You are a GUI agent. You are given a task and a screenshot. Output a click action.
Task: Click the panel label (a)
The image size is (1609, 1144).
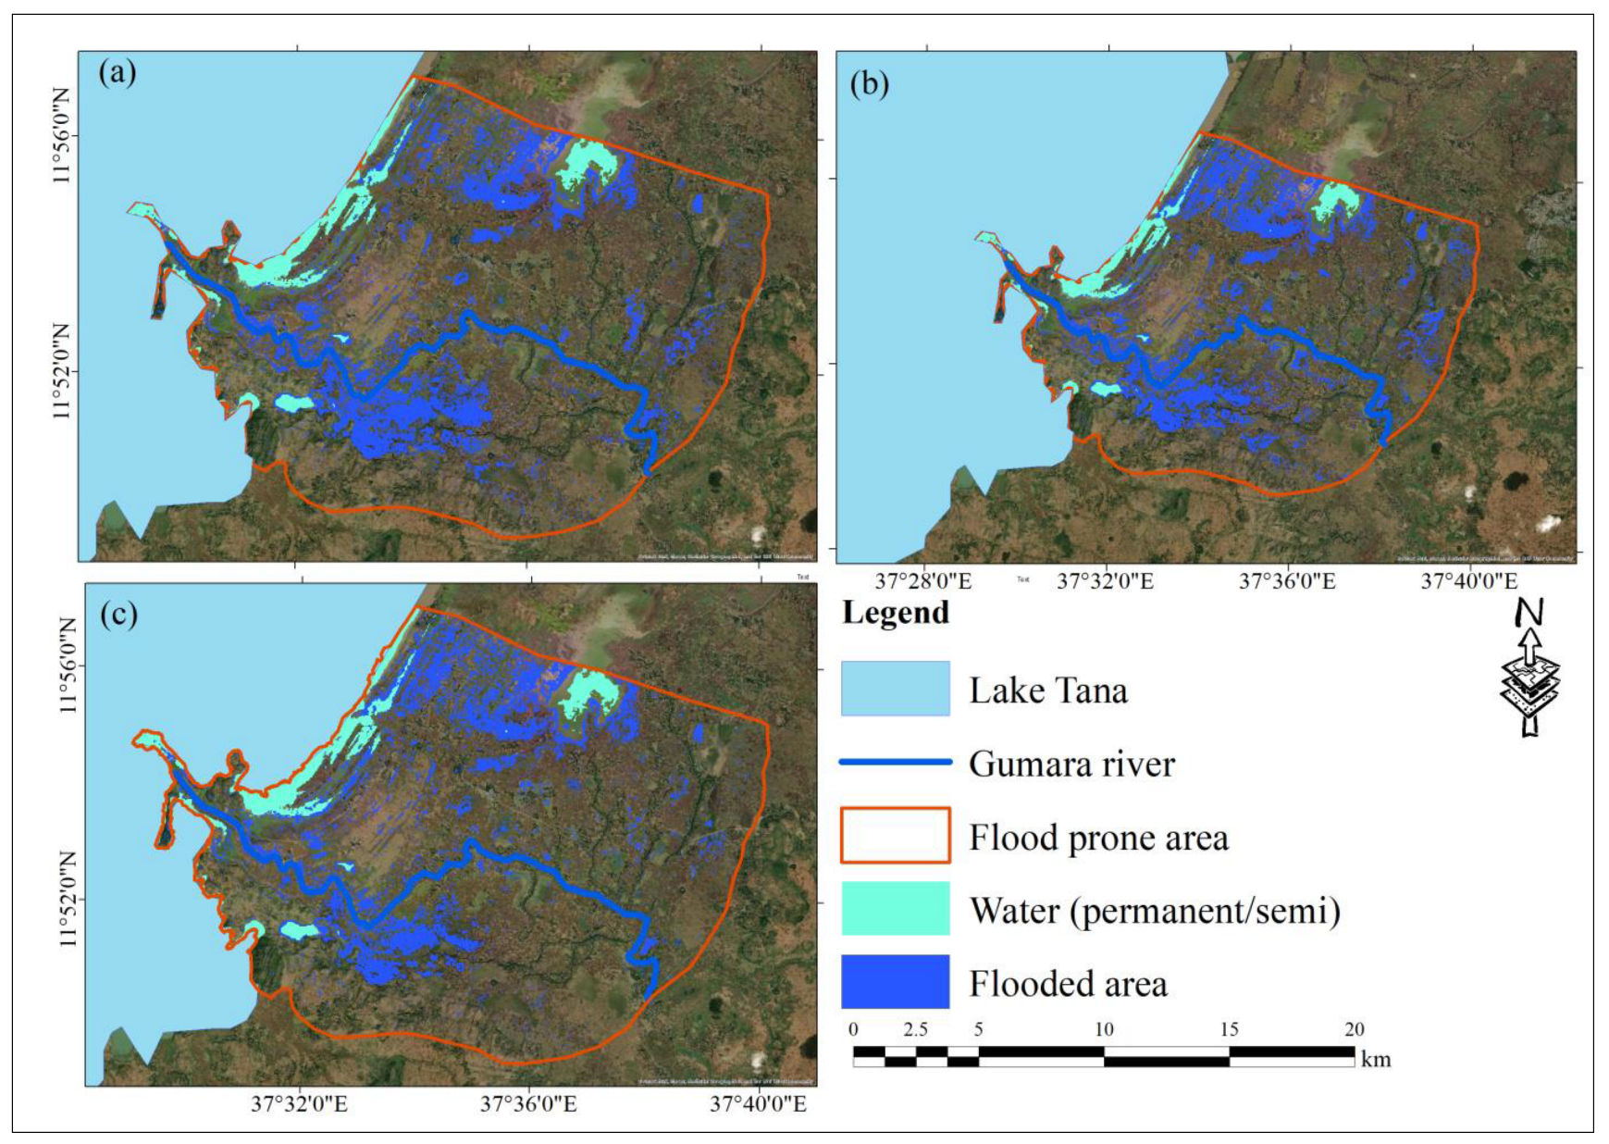118,71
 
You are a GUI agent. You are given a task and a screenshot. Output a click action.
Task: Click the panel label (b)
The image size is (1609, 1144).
868,84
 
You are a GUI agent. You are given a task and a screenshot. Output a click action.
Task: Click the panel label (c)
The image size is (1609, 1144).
118,614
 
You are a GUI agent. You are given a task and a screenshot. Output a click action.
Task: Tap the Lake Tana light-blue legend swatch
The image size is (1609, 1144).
895,689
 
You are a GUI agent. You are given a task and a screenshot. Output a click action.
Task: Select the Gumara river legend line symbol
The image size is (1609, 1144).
895,763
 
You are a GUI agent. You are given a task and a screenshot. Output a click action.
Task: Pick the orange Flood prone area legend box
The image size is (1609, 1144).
895,836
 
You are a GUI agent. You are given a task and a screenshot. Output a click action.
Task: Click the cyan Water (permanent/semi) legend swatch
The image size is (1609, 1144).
895,909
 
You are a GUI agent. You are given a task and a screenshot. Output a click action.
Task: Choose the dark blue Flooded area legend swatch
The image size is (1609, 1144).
895,982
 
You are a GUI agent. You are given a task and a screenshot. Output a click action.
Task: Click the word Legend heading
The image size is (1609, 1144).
896,613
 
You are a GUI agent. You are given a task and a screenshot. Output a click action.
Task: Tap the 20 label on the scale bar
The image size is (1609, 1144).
1354,1029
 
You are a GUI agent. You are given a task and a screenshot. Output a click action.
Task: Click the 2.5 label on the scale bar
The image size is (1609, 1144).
915,1029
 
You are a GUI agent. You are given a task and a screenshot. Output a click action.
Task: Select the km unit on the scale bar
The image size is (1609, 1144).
1376,1060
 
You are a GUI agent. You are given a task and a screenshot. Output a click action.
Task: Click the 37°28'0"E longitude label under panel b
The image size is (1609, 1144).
922,581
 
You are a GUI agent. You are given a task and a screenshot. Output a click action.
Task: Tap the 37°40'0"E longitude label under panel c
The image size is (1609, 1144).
758,1104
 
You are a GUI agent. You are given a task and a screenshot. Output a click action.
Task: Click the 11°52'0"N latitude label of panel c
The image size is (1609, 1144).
67,900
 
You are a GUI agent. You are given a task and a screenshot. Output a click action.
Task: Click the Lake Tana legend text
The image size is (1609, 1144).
1048,690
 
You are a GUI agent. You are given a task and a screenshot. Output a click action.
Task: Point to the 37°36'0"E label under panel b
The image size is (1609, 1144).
1287,581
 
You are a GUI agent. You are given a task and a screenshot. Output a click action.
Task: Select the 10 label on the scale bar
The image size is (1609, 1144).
1104,1029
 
